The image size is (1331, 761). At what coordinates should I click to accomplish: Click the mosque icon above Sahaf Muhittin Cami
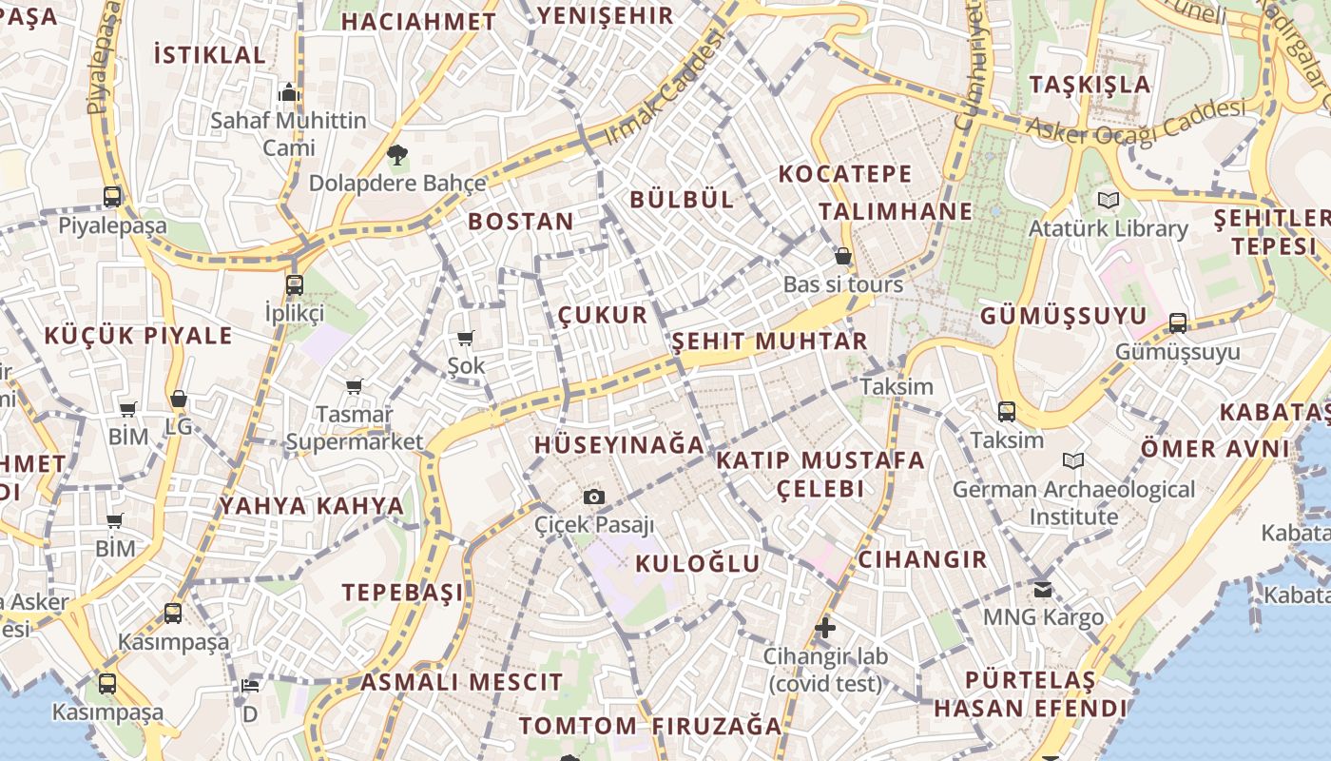tap(289, 92)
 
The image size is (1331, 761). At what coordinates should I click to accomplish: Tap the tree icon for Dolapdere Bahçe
tap(397, 154)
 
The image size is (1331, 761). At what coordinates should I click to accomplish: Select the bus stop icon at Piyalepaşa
tap(112, 197)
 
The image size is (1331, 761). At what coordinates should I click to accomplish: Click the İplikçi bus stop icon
tap(295, 284)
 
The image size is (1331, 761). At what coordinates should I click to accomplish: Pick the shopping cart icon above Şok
tap(466, 338)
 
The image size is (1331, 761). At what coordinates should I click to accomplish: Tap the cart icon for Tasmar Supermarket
tap(355, 386)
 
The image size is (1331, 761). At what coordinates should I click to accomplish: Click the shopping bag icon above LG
tap(178, 399)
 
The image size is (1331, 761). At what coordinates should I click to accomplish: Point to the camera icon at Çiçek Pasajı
tap(594, 497)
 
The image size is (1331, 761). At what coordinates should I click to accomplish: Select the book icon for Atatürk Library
tap(1108, 200)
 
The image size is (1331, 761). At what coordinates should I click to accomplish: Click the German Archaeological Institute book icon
tap(1073, 461)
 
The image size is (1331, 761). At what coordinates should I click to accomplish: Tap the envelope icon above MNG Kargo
tap(1043, 589)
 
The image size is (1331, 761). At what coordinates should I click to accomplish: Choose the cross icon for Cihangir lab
tap(825, 628)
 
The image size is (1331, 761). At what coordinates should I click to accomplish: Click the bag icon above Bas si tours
tap(842, 256)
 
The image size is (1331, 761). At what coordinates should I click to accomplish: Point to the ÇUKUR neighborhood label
tap(602, 315)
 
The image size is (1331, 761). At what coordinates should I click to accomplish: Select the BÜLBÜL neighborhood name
tap(682, 199)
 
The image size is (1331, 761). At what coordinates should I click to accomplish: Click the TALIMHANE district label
tap(896, 211)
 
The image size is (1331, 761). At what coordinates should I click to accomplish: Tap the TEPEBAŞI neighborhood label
tap(403, 592)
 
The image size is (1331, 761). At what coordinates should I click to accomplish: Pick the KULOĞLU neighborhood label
tap(697, 563)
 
